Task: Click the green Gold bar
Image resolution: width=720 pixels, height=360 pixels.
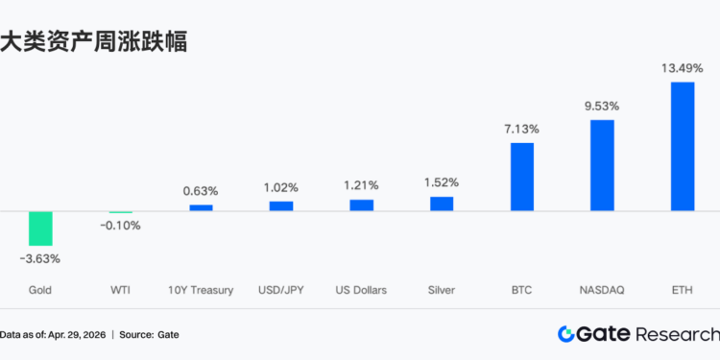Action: (x=40, y=228)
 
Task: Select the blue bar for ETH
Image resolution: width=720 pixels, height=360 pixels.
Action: (x=683, y=146)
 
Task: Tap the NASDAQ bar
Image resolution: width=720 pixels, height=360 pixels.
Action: (x=602, y=164)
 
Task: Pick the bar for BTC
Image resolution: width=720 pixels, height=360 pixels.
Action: (x=521, y=177)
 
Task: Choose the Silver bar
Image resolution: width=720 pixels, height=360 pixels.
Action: (x=441, y=203)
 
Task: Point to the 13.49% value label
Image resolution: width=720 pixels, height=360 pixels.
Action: (x=683, y=68)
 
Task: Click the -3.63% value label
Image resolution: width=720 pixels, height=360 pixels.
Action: (x=40, y=258)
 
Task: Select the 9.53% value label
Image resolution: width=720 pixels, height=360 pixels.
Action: (x=602, y=106)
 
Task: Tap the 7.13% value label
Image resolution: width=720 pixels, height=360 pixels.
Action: (x=521, y=129)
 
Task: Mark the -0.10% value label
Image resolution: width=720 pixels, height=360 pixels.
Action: (x=121, y=226)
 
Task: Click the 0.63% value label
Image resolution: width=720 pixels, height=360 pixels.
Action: (x=201, y=191)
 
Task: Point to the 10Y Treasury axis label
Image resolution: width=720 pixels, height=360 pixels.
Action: (x=201, y=289)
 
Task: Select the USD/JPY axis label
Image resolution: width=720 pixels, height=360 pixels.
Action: (x=281, y=289)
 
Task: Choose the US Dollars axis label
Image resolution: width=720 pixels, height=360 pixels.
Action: (x=361, y=289)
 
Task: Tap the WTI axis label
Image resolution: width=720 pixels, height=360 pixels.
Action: (x=121, y=289)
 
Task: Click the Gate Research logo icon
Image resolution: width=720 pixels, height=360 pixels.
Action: (x=566, y=334)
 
